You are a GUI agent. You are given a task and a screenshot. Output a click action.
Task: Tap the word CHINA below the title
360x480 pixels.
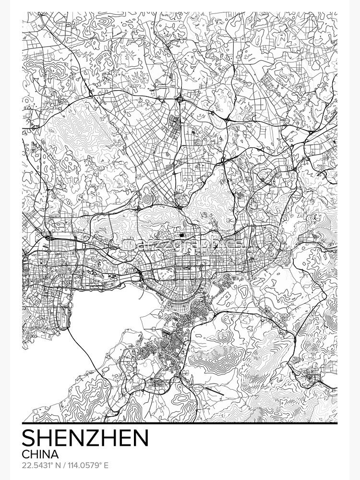click(40, 454)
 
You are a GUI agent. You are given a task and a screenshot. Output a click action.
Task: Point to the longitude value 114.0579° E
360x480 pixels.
click(87, 465)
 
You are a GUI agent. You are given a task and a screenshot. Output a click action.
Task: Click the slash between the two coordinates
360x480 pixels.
click(65, 465)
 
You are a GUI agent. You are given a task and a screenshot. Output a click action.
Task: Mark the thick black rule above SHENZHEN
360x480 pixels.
click(180, 424)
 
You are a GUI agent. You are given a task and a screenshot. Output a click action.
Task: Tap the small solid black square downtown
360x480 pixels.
click(183, 235)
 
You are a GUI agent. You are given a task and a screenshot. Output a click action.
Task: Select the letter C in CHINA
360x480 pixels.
click(26, 454)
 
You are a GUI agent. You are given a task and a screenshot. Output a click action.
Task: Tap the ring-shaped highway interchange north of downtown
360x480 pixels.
click(179, 99)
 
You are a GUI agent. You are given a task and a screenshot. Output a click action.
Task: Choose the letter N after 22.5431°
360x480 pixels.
click(58, 465)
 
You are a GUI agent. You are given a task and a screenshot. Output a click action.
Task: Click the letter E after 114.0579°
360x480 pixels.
click(106, 465)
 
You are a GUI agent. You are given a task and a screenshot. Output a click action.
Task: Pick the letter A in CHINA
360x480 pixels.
click(55, 454)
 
